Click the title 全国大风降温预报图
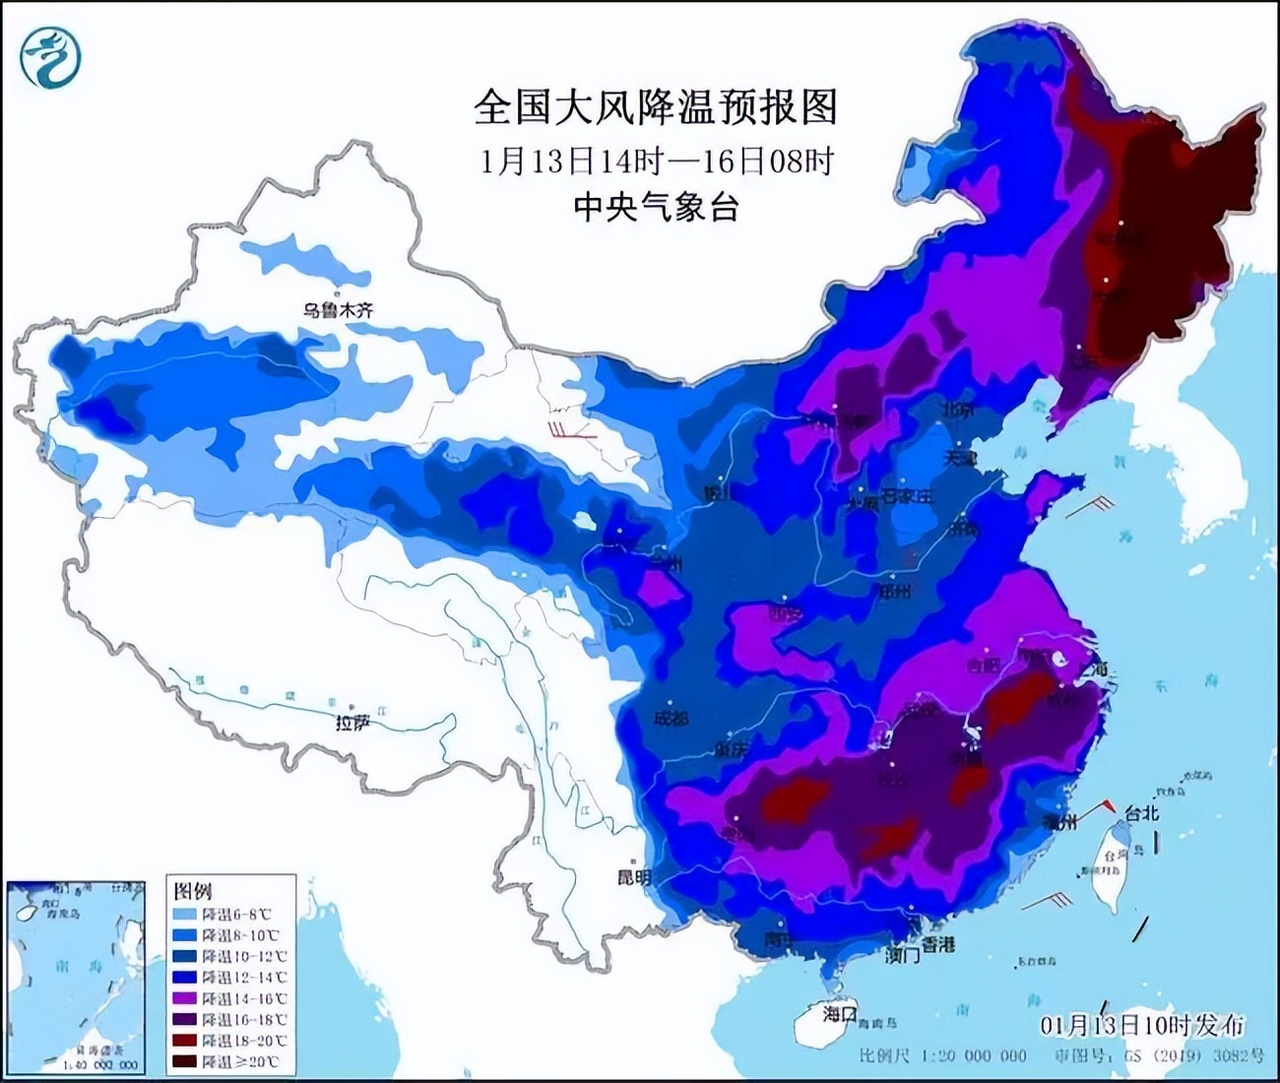pyautogui.click(x=655, y=106)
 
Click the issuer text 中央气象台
pyautogui.click(x=655, y=207)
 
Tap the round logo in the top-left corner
pyautogui.click(x=49, y=56)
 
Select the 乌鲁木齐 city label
pyautogui.click(x=338, y=310)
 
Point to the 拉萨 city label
pyautogui.click(x=352, y=723)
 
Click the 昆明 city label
pyautogui.click(x=634, y=876)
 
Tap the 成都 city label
pyautogui.click(x=671, y=719)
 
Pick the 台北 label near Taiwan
pyautogui.click(x=1142, y=813)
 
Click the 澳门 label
pyautogui.click(x=901, y=954)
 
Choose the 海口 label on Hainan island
pyautogui.click(x=840, y=1013)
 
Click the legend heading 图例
pyautogui.click(x=193, y=891)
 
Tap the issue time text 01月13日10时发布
pyautogui.click(x=1142, y=1026)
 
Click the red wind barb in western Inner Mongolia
pyautogui.click(x=571, y=430)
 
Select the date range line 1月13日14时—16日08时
pyautogui.click(x=657, y=160)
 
